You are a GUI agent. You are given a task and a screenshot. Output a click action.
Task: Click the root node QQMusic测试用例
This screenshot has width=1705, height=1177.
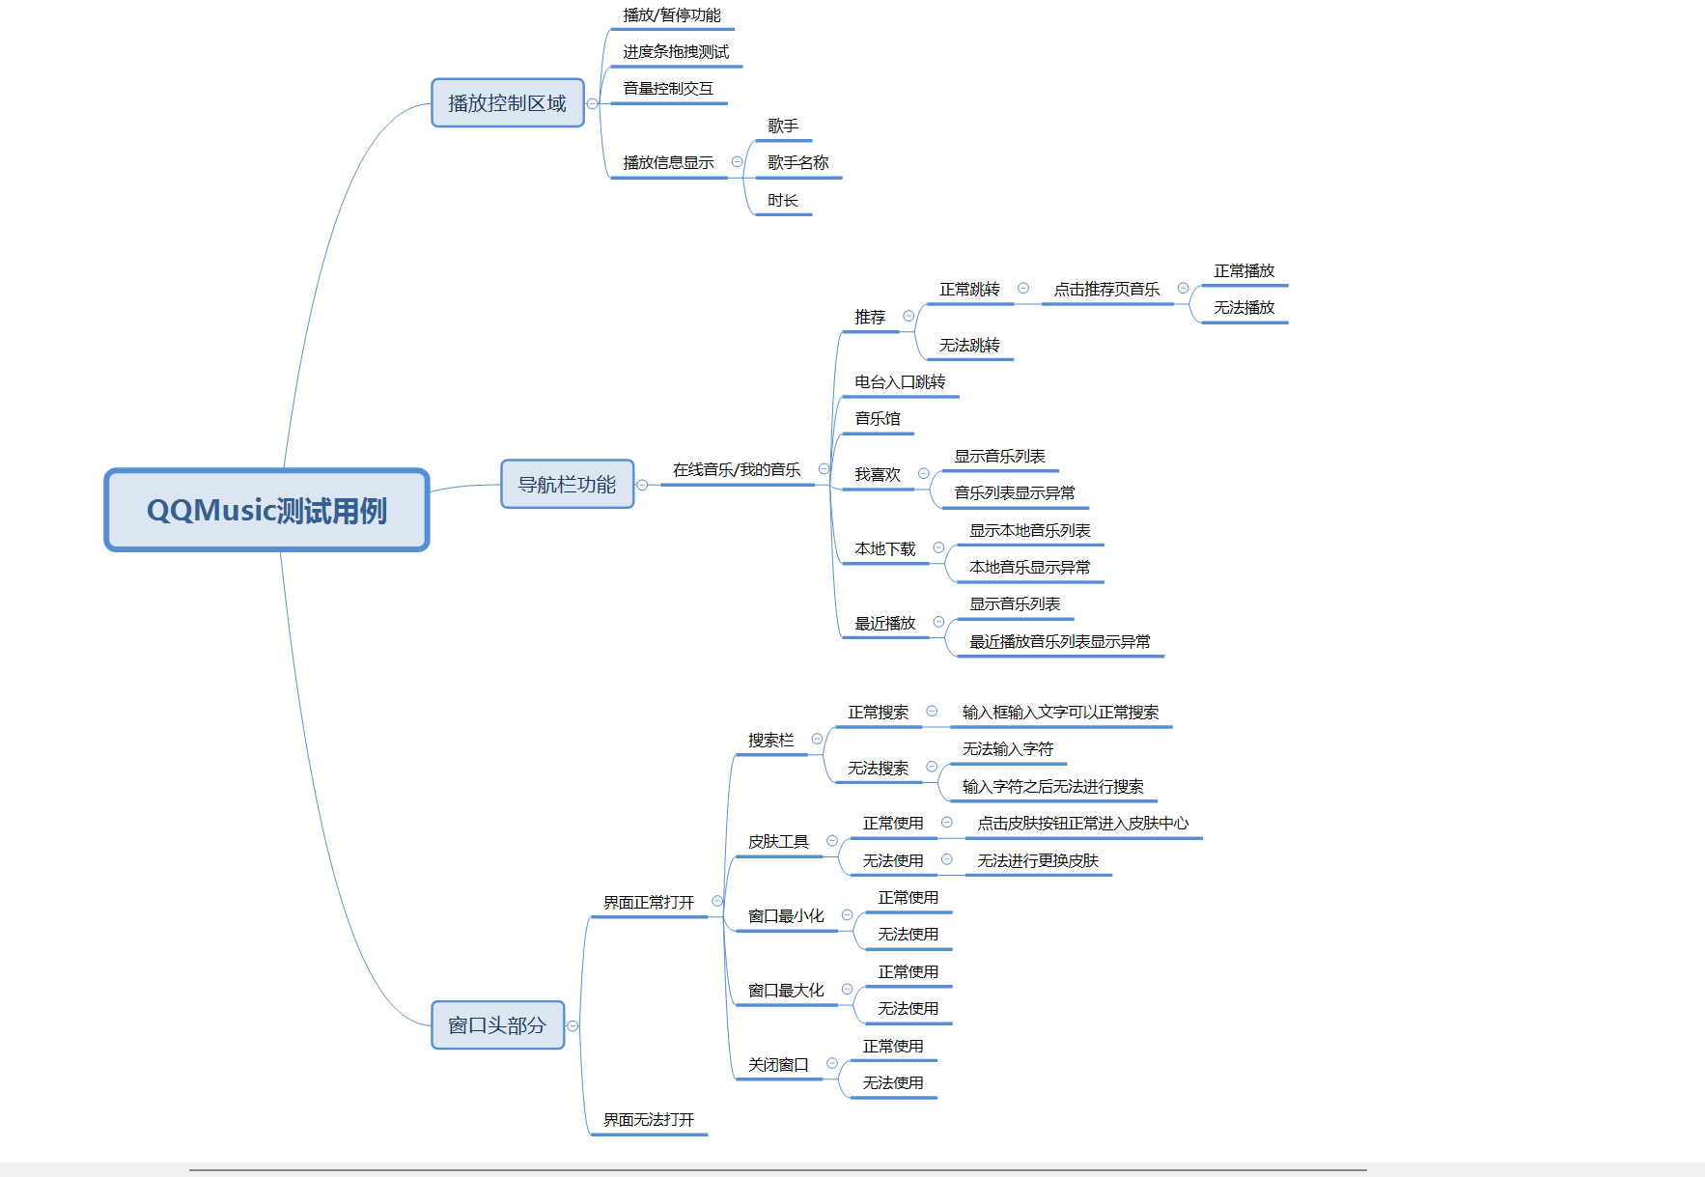click(x=266, y=510)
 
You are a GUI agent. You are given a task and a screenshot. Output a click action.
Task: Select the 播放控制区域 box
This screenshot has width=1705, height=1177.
click(x=507, y=103)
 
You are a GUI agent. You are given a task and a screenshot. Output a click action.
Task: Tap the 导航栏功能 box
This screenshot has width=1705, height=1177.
click(x=567, y=484)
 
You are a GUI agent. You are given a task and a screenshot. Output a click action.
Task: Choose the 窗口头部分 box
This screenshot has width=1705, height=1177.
click(x=497, y=1025)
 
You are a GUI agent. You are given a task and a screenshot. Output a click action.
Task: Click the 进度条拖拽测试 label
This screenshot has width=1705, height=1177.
click(x=676, y=52)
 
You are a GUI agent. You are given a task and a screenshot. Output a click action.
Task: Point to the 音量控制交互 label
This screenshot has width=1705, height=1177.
click(x=668, y=89)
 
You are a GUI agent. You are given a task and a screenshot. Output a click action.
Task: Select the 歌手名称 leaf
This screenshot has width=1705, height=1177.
click(x=797, y=163)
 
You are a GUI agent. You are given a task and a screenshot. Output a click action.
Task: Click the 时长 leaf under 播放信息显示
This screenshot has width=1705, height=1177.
click(x=782, y=201)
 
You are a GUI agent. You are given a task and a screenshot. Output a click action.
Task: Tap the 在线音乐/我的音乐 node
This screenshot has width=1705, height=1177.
click(x=737, y=470)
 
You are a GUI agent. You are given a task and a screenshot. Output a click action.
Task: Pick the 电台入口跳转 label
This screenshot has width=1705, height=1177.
click(x=900, y=382)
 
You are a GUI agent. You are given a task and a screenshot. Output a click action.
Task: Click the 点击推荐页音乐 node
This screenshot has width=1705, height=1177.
click(x=1106, y=290)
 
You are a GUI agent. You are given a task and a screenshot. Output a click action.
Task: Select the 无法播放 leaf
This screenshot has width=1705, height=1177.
click(x=1244, y=308)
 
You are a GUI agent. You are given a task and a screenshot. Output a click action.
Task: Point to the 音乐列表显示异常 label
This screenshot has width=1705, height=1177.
click(x=1014, y=493)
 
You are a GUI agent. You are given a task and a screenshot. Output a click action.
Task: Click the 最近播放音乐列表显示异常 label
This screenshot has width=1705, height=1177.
click(x=1059, y=642)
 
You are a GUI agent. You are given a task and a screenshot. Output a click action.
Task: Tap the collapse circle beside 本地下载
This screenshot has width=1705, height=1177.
click(x=938, y=548)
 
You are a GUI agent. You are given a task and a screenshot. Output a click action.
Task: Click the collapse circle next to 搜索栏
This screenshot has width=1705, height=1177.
click(x=817, y=740)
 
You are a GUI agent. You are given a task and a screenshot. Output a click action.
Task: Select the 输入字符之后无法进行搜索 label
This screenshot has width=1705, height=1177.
click(x=1052, y=787)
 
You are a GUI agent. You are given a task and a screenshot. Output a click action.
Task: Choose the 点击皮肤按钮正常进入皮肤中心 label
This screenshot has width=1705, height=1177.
click(x=1082, y=824)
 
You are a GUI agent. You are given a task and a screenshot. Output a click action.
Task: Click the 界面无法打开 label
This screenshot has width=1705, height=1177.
click(x=649, y=1120)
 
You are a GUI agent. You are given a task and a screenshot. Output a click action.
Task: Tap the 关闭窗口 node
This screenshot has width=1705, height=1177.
click(x=778, y=1065)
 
